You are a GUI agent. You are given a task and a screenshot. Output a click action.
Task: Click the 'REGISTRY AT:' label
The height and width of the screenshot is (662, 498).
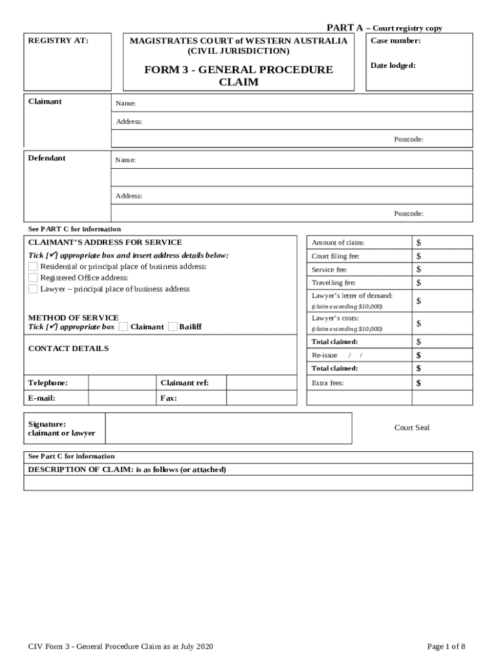[x=58, y=41]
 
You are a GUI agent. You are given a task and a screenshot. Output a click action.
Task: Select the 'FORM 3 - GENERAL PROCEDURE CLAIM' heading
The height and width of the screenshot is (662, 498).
[x=239, y=76]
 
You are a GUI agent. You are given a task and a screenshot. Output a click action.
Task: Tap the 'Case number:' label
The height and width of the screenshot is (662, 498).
[x=395, y=41]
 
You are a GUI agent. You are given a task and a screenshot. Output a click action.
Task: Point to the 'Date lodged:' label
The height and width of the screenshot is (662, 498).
[x=393, y=65]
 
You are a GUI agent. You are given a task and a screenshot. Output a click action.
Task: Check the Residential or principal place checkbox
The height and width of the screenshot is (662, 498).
[x=33, y=266]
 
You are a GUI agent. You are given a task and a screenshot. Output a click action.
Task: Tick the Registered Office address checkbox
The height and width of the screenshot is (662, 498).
[x=33, y=278]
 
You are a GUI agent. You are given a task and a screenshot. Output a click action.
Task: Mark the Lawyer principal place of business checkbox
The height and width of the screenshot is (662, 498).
[x=33, y=289]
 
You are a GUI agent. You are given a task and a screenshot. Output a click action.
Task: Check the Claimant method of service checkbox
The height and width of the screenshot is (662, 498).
[x=123, y=326]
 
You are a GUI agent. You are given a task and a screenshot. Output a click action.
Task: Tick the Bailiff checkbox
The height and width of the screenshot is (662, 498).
[x=173, y=326]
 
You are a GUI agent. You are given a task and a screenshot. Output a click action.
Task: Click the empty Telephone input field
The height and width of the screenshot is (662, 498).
[x=122, y=383]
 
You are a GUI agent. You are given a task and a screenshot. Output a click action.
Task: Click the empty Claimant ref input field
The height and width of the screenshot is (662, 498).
[x=261, y=383]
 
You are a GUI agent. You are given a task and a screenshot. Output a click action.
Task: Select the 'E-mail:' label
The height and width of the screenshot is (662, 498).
[x=42, y=398]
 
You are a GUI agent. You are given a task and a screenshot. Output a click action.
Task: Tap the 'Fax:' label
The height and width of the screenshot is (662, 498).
[x=169, y=398]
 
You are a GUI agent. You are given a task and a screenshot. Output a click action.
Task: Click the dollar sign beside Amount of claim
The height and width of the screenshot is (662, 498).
[x=418, y=242]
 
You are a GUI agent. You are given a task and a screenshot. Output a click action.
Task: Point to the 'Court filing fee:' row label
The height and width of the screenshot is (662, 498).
[x=335, y=256]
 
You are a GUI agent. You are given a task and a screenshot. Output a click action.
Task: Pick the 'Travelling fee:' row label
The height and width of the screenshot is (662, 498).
[x=334, y=283]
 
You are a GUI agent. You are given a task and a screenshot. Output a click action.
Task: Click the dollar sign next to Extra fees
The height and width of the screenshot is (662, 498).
[x=418, y=383]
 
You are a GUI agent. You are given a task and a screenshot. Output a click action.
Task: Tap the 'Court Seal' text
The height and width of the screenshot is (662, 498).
[x=412, y=427]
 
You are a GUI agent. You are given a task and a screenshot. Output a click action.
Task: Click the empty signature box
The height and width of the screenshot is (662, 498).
[x=228, y=429]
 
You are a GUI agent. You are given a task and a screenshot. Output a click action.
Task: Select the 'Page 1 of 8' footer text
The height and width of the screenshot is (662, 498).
[x=446, y=646]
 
